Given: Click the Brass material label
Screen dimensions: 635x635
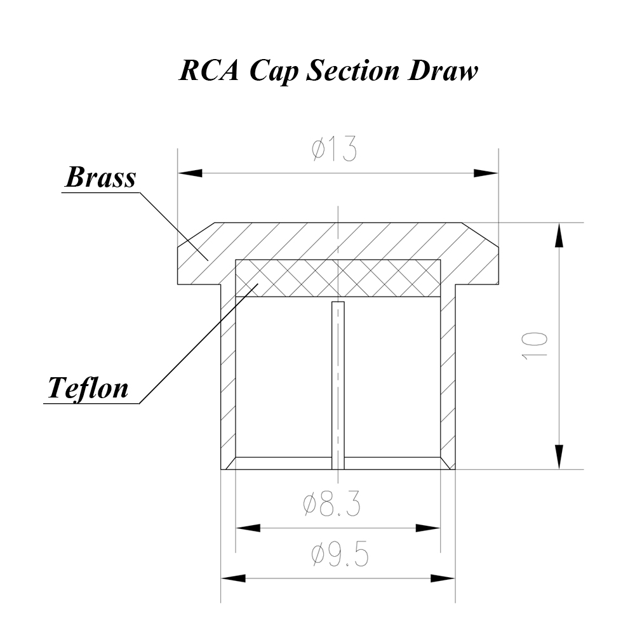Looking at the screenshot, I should tap(100, 177).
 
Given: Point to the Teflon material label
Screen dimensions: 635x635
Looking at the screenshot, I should tap(88, 387).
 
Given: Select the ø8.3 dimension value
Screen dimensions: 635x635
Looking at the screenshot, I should tap(331, 505).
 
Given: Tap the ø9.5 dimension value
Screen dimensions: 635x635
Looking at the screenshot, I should tap(340, 556).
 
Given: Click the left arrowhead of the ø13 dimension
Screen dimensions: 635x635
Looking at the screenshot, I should tap(189, 172).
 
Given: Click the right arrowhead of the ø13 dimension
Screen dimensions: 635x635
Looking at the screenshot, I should tap(486, 172).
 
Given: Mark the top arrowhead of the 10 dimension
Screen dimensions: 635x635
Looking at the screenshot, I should tap(559, 235).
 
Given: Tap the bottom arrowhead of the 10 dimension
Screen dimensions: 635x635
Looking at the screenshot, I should tap(559, 457).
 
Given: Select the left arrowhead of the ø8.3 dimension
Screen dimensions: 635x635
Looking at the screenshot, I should tap(248, 528).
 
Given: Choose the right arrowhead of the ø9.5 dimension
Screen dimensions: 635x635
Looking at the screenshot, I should tap(443, 578).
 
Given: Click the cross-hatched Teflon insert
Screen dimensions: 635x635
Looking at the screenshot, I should tap(338, 278).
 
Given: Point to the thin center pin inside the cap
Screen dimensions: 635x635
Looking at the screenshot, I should tap(338, 381).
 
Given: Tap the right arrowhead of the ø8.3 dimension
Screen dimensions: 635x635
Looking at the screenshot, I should tap(428, 528).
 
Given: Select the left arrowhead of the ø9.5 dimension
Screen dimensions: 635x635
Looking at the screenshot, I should tap(233, 578).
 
